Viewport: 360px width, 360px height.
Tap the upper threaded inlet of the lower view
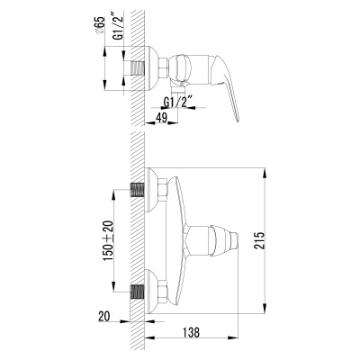[x=140, y=191]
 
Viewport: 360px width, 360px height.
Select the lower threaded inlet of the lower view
[x=140, y=292]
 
